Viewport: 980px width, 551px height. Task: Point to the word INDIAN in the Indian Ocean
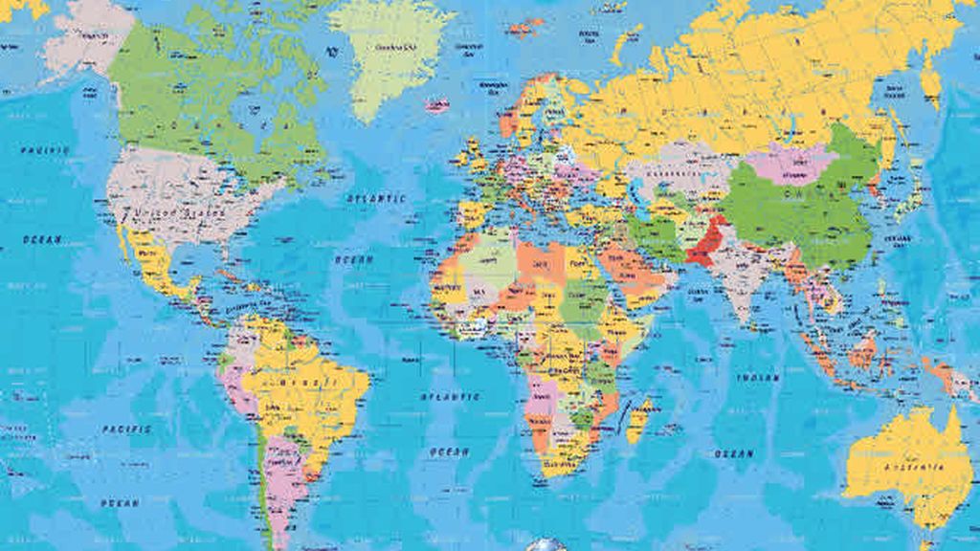pos(757,379)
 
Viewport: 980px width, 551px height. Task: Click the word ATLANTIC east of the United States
pos(375,199)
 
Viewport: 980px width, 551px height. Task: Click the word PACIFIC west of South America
pos(127,430)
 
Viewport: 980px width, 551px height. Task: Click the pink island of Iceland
pos(437,104)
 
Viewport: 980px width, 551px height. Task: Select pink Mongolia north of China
pos(790,164)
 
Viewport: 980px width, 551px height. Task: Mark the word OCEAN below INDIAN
pos(734,452)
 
